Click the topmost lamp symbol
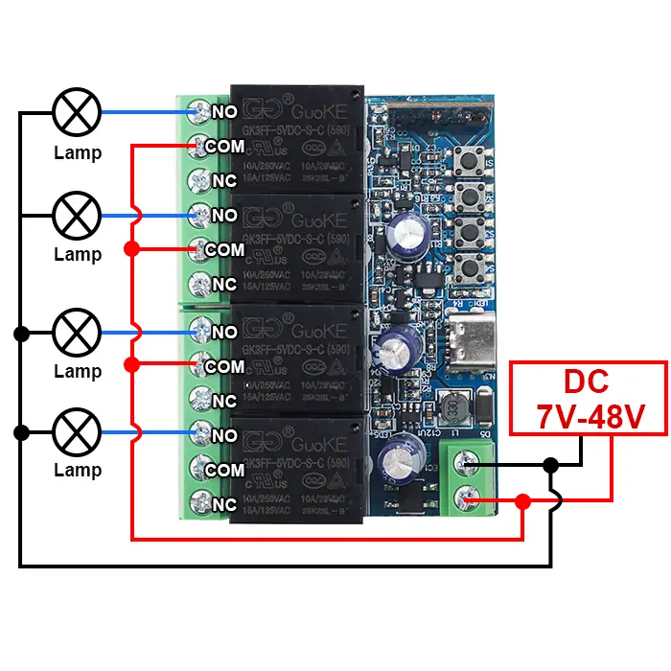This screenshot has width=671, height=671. click(77, 112)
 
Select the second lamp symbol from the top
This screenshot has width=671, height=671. click(77, 214)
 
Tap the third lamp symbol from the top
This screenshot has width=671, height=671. click(77, 332)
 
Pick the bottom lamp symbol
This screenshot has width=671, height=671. click(77, 431)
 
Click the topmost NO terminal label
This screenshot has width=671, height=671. click(224, 112)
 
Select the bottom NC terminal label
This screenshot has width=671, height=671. click(224, 504)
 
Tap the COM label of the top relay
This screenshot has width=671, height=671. click(225, 147)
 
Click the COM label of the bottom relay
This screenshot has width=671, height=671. click(225, 470)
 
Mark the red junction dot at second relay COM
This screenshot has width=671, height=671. click(131, 249)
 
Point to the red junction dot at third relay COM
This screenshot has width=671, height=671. click(131, 364)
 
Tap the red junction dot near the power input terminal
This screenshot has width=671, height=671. click(522, 500)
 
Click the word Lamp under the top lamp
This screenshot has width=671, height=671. click(77, 152)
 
